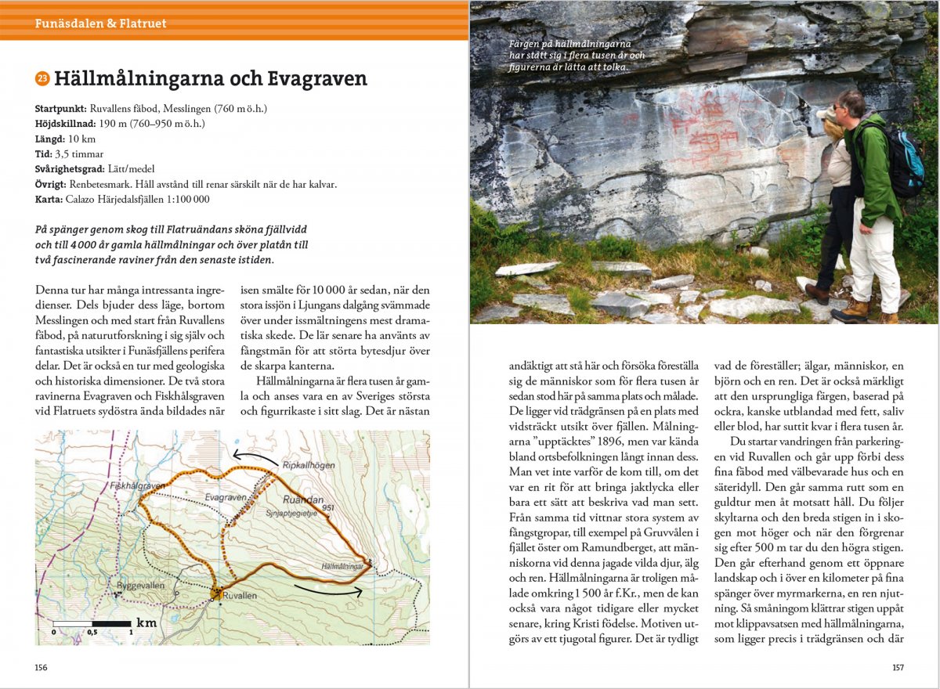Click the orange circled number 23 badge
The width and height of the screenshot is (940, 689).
[x=42, y=78]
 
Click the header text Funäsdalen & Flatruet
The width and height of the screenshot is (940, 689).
[x=100, y=23]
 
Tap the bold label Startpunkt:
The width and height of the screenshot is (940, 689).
[x=61, y=108]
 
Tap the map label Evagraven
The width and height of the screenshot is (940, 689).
[x=226, y=497]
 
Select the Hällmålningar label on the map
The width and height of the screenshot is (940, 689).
[x=342, y=565]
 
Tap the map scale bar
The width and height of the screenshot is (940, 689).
[x=92, y=624]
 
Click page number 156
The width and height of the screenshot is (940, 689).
[x=42, y=667]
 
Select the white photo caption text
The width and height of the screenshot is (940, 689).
[x=577, y=56]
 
